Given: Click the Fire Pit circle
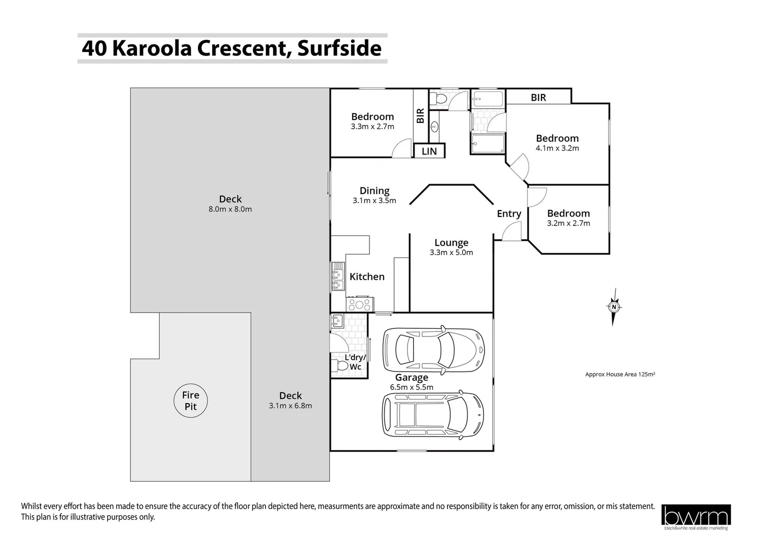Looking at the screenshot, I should pos(190,400).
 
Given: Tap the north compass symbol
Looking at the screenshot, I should pos(613,307).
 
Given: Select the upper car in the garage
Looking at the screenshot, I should pos(433,350).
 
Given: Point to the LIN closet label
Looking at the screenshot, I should pos(429,151).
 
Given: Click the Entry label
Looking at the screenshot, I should pos(509,213).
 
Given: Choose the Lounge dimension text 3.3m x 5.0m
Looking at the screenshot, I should pos(451,252).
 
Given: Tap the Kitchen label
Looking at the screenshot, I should pos(367,276).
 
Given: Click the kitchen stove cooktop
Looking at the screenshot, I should pos(359,303).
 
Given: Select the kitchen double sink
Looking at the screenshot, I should pos(338,276).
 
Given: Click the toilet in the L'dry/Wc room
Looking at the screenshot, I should pos(340,366).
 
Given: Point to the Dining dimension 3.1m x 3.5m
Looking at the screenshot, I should pos(374,200).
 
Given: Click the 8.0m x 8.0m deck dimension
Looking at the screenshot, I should pos(230,209).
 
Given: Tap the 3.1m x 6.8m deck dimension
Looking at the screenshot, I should pos(290,405).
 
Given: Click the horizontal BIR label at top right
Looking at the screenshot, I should pos(538,97).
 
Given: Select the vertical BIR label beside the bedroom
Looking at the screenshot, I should pos(420,115).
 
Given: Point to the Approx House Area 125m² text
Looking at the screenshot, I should pos(620,374).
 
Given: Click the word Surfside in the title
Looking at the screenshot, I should pos(339,48).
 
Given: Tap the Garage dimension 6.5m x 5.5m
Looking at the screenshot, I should pos(411,387).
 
